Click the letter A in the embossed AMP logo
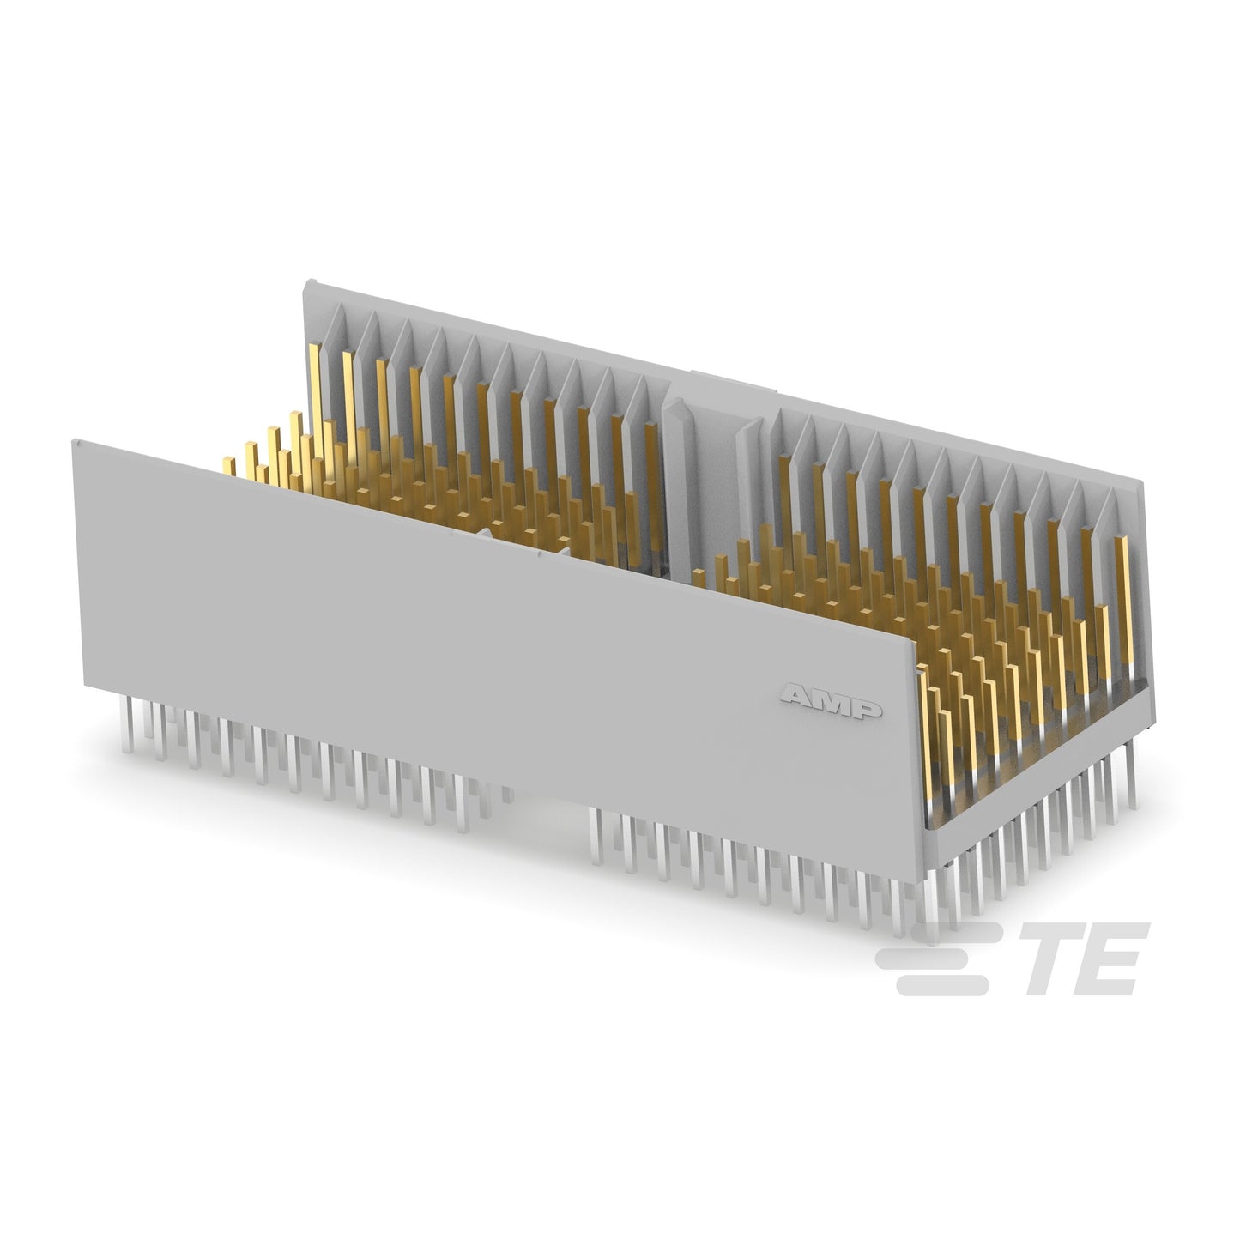click(x=798, y=695)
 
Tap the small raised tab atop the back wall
click(x=734, y=380)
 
